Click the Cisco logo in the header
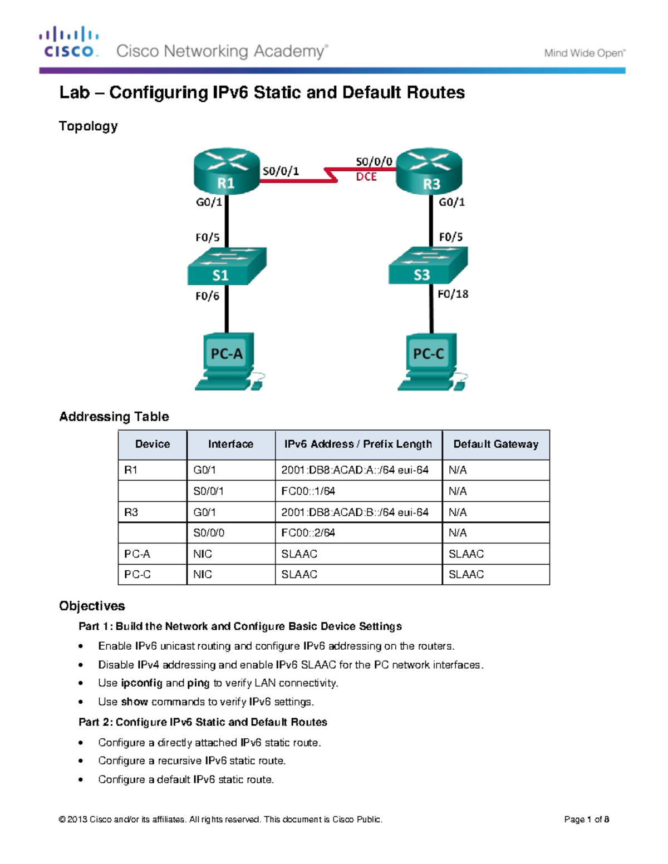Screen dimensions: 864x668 (69, 42)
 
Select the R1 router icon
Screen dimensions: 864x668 (227, 171)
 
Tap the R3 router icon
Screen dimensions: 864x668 (429, 171)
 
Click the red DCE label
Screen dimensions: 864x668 (366, 177)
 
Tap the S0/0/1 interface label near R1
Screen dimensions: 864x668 (281, 171)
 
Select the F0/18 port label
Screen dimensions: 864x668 (453, 294)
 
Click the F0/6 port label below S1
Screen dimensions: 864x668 (207, 297)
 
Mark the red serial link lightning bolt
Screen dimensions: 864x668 (331, 175)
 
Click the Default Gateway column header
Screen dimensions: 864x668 (495, 445)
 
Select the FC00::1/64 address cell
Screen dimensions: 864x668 (308, 491)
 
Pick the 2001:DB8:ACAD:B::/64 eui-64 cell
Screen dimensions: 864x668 (355, 512)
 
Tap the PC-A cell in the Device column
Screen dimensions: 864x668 (137, 554)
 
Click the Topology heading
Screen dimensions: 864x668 (88, 126)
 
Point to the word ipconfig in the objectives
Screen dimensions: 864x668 (141, 683)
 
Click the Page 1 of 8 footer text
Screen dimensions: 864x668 (586, 819)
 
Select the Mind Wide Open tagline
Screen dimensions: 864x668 (584, 53)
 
